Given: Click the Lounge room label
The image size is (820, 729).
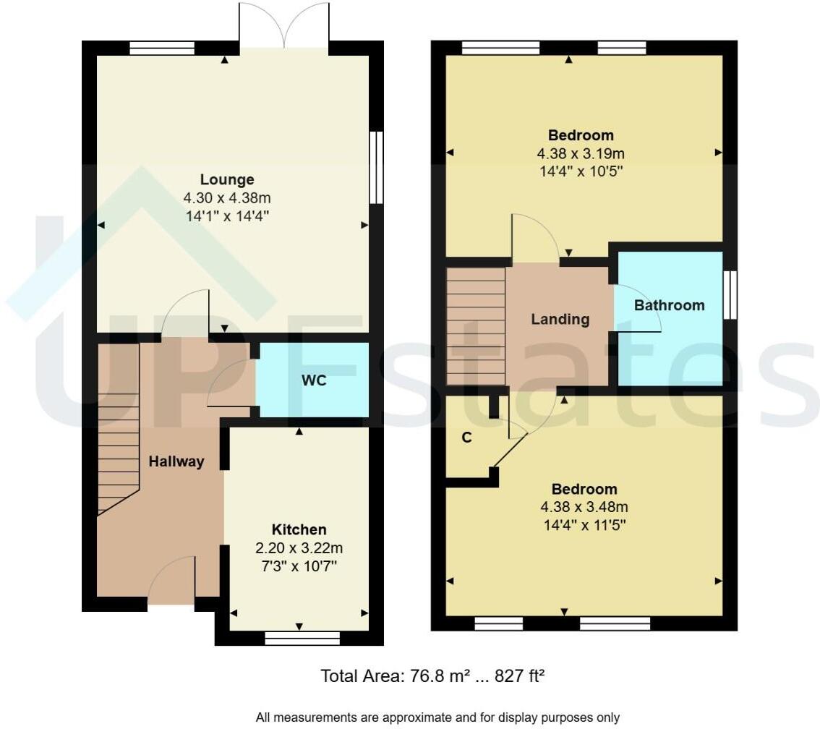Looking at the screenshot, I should (x=227, y=179).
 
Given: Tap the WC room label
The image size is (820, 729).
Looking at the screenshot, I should (x=314, y=380).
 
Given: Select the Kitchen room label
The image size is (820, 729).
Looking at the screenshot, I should (x=299, y=529).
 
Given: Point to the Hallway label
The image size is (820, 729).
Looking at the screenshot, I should (x=176, y=461).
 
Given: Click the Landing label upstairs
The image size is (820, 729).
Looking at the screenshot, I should (x=560, y=319).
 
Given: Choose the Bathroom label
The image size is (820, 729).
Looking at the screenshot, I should (x=669, y=305).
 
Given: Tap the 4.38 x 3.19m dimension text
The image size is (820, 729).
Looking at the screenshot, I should (x=580, y=153).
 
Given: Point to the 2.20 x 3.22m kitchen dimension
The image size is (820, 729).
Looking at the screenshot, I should (x=299, y=547).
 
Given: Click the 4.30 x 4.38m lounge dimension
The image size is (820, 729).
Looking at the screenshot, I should (x=227, y=197).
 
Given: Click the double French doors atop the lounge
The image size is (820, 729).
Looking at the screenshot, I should (x=285, y=26).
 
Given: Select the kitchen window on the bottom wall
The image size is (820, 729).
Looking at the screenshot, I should (x=302, y=638).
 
